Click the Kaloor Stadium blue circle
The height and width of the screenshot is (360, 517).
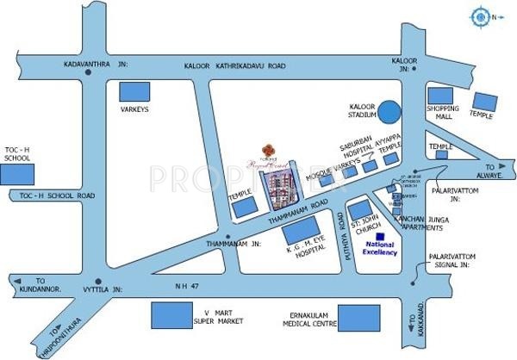click(390, 111)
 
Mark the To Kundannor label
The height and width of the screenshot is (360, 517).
click(34, 289)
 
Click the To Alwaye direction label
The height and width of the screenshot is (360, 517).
click(496, 168)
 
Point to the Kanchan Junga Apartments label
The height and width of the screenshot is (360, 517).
click(420, 224)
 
